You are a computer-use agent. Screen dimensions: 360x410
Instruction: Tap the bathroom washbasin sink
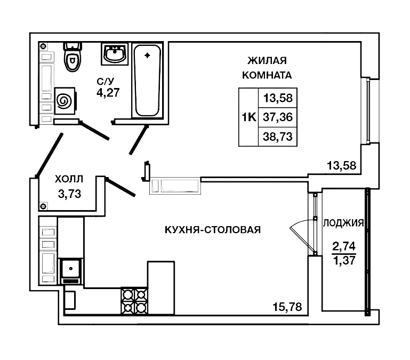coord(114,54)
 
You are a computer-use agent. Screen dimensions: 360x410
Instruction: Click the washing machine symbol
coord(63,100)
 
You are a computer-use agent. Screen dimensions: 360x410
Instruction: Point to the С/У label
coord(105,81)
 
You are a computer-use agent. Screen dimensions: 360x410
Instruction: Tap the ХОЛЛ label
coord(69,180)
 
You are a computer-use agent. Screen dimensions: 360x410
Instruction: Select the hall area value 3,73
coord(69,194)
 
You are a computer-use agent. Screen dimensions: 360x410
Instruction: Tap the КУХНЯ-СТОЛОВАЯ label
coord(212,230)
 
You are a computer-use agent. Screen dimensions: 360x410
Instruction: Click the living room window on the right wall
coord(367,110)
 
